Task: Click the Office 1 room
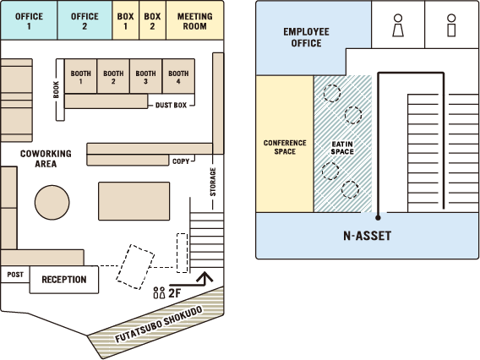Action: click(29, 20)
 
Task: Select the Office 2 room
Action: click(85, 20)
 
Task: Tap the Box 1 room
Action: click(126, 20)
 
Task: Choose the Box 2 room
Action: click(152, 20)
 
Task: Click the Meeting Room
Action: click(194, 20)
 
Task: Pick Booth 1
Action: click(81, 76)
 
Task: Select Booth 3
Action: click(145, 76)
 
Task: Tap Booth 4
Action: click(178, 76)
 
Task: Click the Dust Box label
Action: click(171, 106)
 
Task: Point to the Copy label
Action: click(181, 161)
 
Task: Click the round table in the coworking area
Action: click(52, 202)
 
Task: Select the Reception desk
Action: click(64, 280)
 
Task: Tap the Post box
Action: click(15, 275)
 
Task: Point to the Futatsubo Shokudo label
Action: click(159, 325)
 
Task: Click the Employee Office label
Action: click(306, 37)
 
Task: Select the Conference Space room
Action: click(285, 144)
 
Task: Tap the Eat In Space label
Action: click(342, 148)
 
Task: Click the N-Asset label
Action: click(368, 236)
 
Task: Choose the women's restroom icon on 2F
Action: click(398, 25)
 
